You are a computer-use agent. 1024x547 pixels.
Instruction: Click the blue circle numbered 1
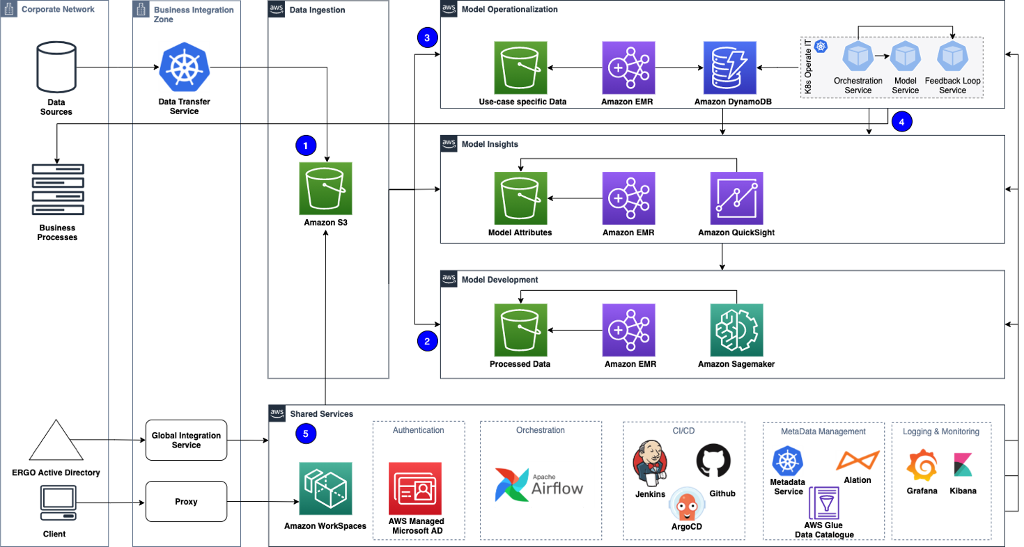(x=306, y=145)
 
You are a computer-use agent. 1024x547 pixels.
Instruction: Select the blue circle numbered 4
(x=901, y=122)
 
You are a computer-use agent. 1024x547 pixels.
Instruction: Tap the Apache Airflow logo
(x=541, y=484)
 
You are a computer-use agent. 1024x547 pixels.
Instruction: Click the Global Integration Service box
(x=186, y=440)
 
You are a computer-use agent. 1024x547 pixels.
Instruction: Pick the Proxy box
(x=186, y=501)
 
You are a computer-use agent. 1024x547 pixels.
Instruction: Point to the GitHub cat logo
(x=713, y=461)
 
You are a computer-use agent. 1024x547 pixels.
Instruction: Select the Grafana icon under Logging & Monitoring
(x=921, y=465)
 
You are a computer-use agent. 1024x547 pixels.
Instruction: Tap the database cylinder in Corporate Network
(x=56, y=67)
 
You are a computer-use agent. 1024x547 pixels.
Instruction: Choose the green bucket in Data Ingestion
(x=325, y=189)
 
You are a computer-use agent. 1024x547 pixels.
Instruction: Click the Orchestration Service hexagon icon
(x=858, y=57)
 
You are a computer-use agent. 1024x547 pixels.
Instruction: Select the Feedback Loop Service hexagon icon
(x=952, y=57)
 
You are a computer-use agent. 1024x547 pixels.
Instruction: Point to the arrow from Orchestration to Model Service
(x=881, y=56)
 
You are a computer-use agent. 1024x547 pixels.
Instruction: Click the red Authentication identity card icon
(x=415, y=489)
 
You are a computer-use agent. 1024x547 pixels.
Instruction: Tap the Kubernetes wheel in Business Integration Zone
(x=184, y=67)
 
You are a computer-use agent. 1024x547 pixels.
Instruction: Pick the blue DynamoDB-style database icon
(x=729, y=68)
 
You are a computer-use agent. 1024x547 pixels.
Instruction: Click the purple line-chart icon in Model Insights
(x=736, y=198)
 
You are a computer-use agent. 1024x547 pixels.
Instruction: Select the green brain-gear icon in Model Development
(x=736, y=330)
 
